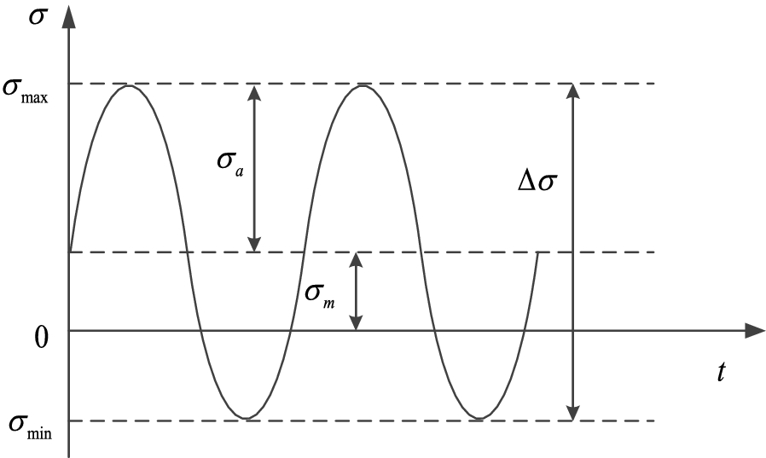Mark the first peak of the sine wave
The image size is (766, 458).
(128, 85)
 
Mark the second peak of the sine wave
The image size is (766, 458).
(363, 85)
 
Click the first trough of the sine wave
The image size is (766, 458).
(246, 418)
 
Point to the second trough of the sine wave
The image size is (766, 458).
(480, 418)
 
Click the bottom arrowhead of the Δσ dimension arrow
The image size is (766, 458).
(573, 414)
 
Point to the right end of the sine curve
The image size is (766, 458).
(537, 252)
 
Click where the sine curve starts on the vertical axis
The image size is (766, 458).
(69, 252)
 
